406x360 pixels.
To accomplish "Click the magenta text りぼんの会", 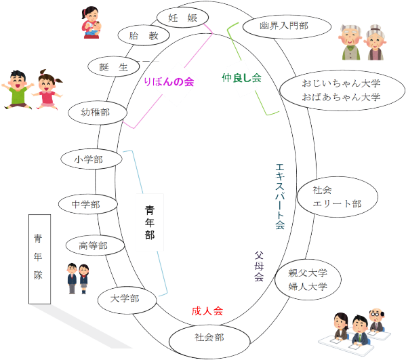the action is click(x=169, y=82).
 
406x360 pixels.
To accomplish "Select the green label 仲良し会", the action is click(x=241, y=77).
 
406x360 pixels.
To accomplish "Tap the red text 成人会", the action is click(x=207, y=311).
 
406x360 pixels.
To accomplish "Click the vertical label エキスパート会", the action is click(x=280, y=197).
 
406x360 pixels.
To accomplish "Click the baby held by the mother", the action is click(x=96, y=28).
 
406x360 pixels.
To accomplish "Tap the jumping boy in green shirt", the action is click(x=18, y=89).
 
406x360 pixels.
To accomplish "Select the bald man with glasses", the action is click(x=376, y=320).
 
